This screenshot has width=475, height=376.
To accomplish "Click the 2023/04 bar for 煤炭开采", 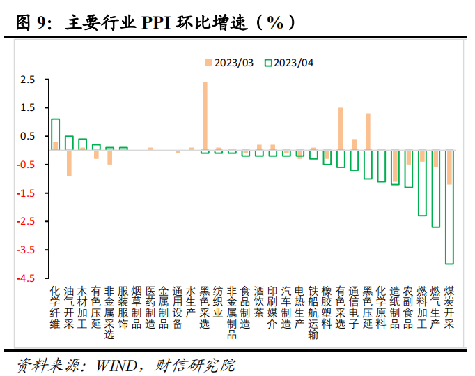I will click(x=449, y=207).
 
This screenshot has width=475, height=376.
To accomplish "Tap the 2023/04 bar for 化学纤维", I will click(x=56, y=135).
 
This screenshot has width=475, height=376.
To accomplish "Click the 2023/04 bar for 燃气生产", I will click(x=436, y=188).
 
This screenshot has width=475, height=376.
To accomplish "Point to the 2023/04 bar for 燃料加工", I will click(x=422, y=183).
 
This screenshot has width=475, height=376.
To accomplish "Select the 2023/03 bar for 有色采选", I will click(x=341, y=129).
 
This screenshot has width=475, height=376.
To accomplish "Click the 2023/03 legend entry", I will click(x=229, y=63).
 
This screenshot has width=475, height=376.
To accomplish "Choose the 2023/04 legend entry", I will click(x=289, y=63).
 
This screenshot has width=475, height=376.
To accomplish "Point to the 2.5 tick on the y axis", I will click(x=27, y=80).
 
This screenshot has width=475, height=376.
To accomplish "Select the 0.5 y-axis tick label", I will click(x=27, y=136).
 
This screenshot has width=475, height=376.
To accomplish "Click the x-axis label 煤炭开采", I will click(x=449, y=306).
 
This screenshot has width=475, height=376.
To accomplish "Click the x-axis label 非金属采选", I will click(x=110, y=311).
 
